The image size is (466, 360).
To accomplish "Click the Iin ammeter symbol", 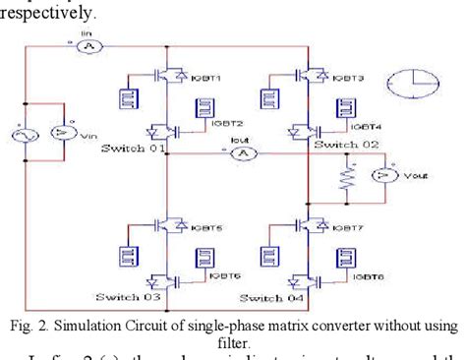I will click(x=85, y=45).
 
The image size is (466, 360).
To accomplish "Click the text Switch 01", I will click(x=134, y=148).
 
